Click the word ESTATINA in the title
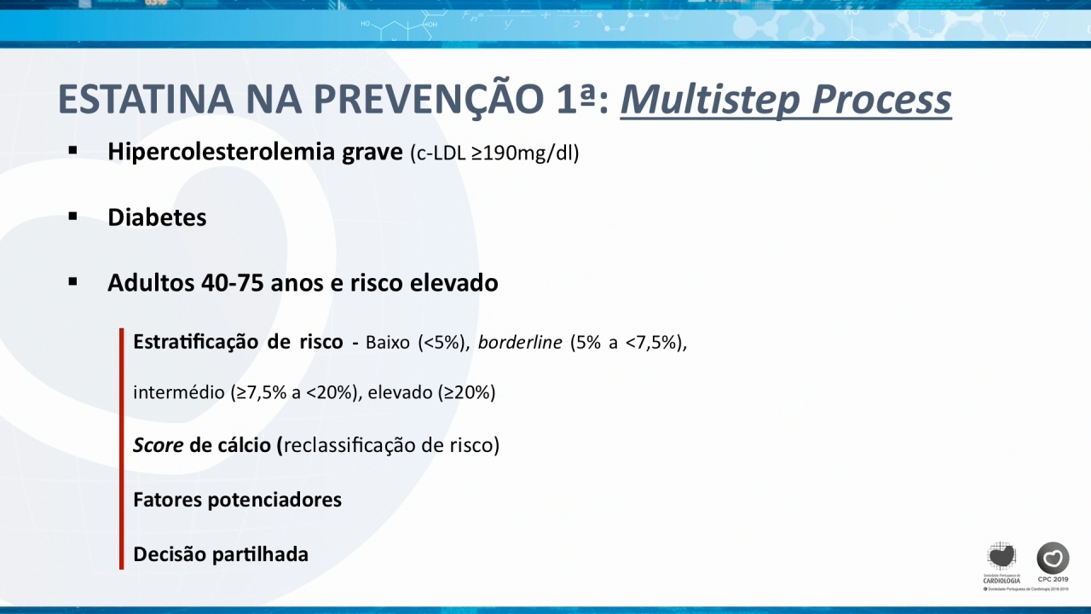[x=146, y=99]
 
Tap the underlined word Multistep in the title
[x=710, y=101]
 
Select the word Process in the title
[x=881, y=101]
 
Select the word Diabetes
[x=157, y=217]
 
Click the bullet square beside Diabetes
[x=73, y=216]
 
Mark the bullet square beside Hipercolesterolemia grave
[x=73, y=151]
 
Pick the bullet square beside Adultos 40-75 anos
[x=73, y=281]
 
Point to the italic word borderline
[x=520, y=343]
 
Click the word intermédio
[x=179, y=392]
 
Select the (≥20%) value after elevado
[x=466, y=393]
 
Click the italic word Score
[x=159, y=445]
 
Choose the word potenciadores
[x=274, y=501]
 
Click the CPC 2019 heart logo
[x=1053, y=558]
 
